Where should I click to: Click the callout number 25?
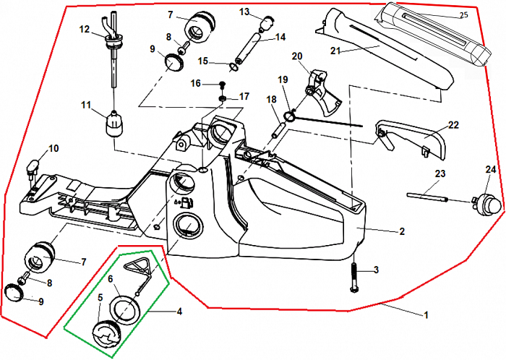pyautogui.click(x=463, y=15)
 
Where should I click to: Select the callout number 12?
pyautogui.click(x=84, y=30)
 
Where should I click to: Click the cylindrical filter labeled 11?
pyautogui.click(x=113, y=126)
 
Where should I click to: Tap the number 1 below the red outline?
pyautogui.click(x=426, y=314)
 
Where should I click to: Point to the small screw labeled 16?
pyautogui.click(x=222, y=84)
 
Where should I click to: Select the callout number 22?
pyautogui.click(x=453, y=126)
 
